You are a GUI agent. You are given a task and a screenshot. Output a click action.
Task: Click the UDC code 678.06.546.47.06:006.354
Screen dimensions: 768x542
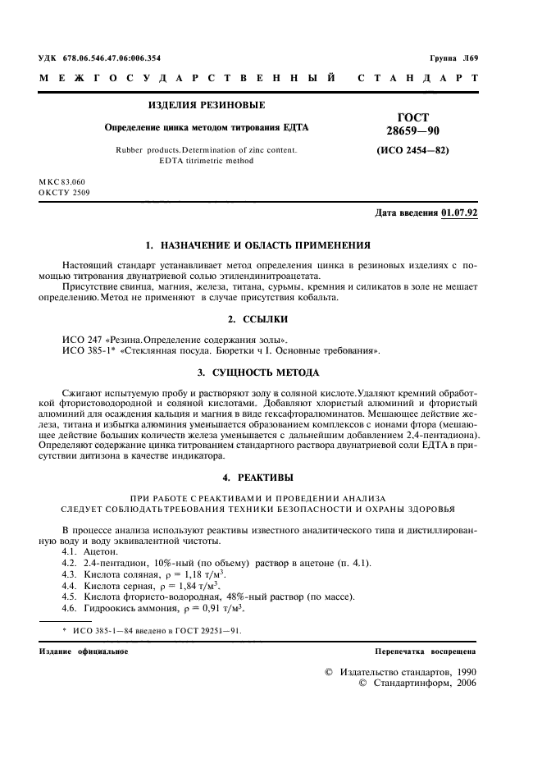[x=112, y=57]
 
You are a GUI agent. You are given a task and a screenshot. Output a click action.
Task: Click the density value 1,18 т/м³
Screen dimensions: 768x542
[x=181, y=576]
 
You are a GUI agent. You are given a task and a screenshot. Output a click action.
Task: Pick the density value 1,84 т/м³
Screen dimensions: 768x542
[x=174, y=587]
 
